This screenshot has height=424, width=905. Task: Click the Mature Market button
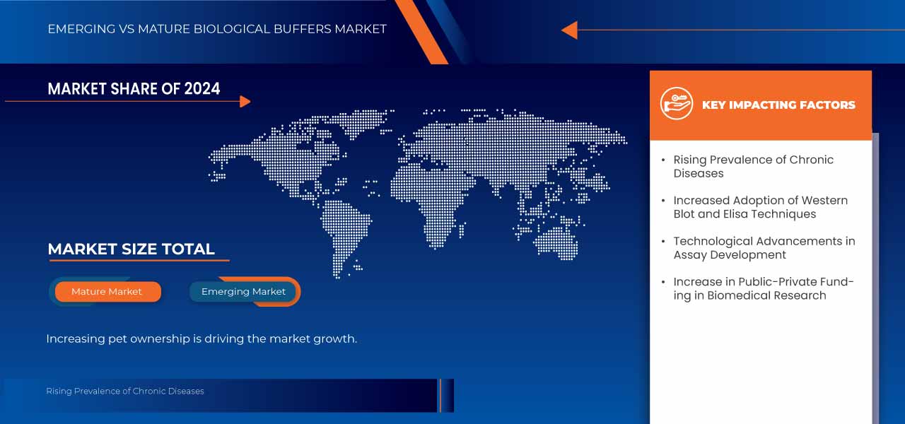pyautogui.click(x=107, y=292)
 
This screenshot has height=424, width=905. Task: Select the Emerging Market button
pyautogui.click(x=243, y=292)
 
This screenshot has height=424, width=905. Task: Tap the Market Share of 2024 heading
pyautogui.click(x=134, y=89)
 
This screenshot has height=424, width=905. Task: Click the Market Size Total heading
pyautogui.click(x=131, y=249)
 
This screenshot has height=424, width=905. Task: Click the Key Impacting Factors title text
pyautogui.click(x=778, y=105)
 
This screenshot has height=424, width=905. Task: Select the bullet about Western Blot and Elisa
pyautogui.click(x=760, y=207)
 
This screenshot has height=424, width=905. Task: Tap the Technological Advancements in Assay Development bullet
pyautogui.click(x=764, y=248)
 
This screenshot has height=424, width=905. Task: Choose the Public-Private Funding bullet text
pyautogui.click(x=763, y=288)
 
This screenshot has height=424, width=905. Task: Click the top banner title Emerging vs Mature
pyautogui.click(x=217, y=29)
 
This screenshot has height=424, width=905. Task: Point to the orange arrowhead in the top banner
pyautogui.click(x=569, y=30)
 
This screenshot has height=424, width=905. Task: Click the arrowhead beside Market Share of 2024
pyautogui.click(x=245, y=102)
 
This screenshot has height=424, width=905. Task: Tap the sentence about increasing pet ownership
pyautogui.click(x=202, y=339)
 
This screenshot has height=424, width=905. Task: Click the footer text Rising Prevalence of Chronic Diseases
pyautogui.click(x=125, y=391)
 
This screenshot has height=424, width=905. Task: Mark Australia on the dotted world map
pyautogui.click(x=558, y=240)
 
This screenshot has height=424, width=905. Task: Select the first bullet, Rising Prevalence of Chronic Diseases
pyautogui.click(x=753, y=166)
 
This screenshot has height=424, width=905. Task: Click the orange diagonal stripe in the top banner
pyautogui.click(x=420, y=32)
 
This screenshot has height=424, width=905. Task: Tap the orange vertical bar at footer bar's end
pyautogui.click(x=440, y=395)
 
